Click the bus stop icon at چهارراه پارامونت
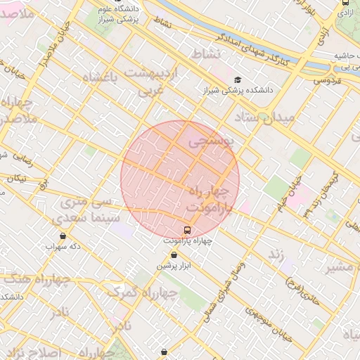point(188,229)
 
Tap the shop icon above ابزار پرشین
point(174,255)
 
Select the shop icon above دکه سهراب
point(63,236)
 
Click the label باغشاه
point(99,77)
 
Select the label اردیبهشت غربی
point(153,81)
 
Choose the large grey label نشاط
point(206,53)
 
